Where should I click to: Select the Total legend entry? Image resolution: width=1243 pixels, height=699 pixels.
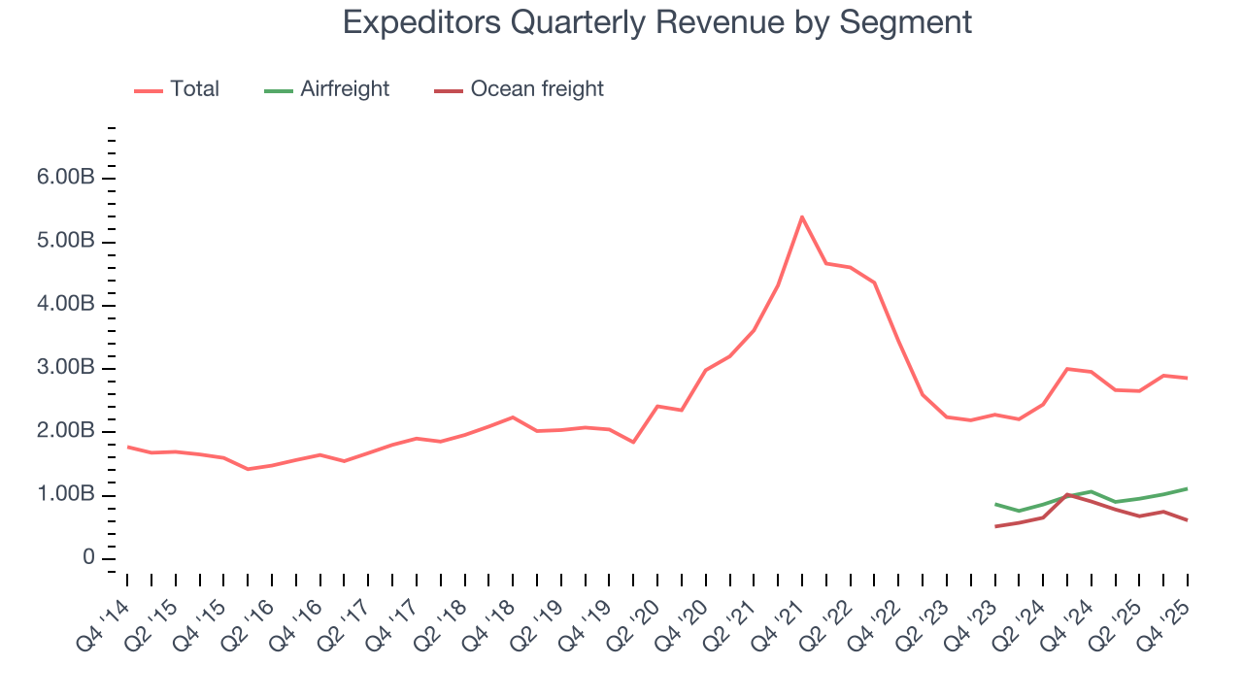tap(193, 89)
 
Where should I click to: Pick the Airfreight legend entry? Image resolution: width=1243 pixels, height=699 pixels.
tap(344, 89)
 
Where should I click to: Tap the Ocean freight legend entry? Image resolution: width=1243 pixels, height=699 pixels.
tap(536, 89)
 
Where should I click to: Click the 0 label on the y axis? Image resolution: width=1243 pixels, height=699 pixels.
tap(88, 558)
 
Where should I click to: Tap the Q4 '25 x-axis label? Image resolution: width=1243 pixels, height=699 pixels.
tap(1172, 613)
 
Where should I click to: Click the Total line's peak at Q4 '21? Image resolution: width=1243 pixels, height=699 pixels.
tap(801, 216)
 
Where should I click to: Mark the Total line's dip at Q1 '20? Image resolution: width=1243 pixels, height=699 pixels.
tap(633, 442)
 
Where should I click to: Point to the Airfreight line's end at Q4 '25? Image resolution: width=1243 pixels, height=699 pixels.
tap(1187, 488)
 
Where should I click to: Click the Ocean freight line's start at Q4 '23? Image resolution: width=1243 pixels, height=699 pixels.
tap(995, 526)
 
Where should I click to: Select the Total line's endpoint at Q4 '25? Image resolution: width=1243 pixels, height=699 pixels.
tap(1187, 378)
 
